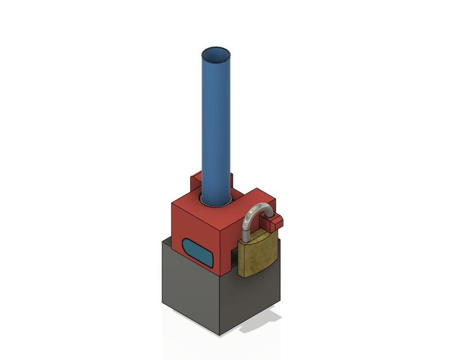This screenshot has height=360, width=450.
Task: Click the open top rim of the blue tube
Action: coord(216,49)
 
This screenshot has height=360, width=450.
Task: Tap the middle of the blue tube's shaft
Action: coord(216,129)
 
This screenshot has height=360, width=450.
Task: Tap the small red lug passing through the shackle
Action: coord(275,223)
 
